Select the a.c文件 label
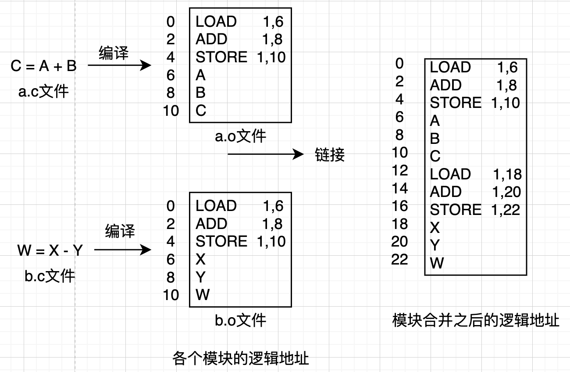tap(43, 92)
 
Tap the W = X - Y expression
tap(50, 250)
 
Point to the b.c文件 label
tap(50, 276)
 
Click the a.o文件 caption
tap(240, 136)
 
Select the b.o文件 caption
tap(240, 321)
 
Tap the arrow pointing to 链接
tap(266, 154)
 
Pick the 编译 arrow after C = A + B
tap(119, 66)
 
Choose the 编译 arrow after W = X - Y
tap(123, 250)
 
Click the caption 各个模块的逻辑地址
tap(241, 359)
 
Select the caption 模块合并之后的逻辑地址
tap(476, 321)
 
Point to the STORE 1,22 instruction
tap(475, 210)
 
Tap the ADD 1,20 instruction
tap(475, 192)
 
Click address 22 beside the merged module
tap(399, 259)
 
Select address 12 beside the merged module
tap(399, 170)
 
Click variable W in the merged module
tap(437, 263)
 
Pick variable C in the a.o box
tap(201, 111)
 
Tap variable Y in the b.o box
tap(201, 277)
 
